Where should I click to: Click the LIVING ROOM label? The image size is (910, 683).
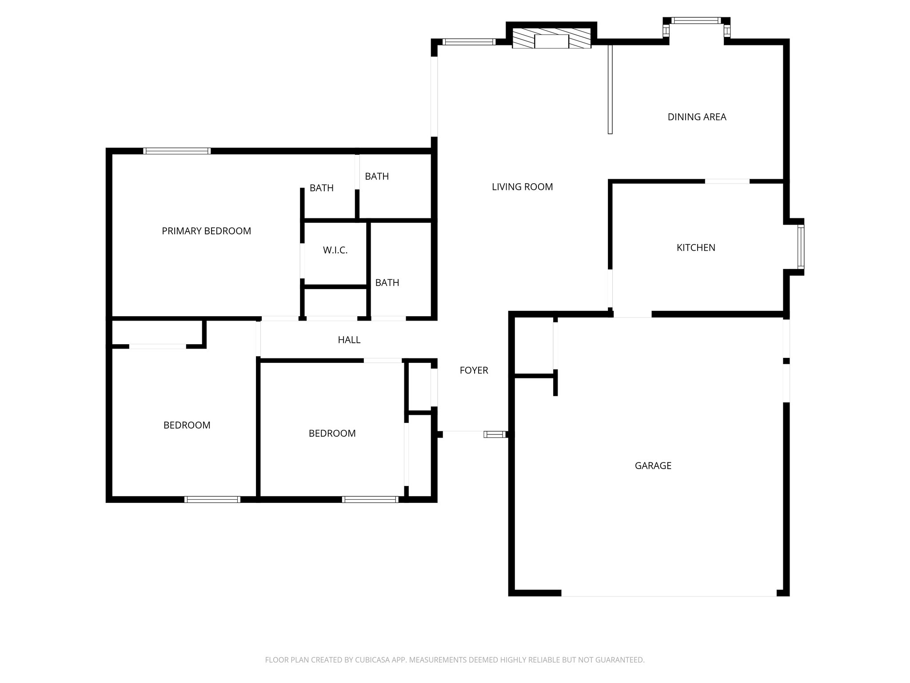click(522, 187)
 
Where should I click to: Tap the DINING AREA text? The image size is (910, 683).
click(697, 117)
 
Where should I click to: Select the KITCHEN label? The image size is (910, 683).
click(696, 248)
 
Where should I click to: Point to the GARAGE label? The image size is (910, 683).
click(653, 466)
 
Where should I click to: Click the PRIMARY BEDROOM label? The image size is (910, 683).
click(206, 231)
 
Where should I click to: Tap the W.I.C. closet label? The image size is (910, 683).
click(335, 250)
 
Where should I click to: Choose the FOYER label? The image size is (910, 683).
click(474, 370)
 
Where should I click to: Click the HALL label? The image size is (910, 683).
click(349, 340)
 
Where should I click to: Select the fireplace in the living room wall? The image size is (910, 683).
click(551, 39)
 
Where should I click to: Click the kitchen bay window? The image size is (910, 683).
click(801, 247)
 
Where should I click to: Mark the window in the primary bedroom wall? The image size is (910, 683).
click(177, 151)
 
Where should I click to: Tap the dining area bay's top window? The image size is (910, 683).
click(696, 20)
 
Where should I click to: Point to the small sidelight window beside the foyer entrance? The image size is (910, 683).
click(495, 434)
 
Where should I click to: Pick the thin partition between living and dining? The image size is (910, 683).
click(610, 89)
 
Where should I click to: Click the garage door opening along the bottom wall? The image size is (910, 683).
click(669, 594)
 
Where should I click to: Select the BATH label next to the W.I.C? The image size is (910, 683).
click(387, 283)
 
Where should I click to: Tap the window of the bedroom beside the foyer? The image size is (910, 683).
click(370, 499)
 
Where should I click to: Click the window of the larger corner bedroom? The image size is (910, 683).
click(212, 499)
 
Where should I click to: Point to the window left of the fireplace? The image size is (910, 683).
click(469, 42)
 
